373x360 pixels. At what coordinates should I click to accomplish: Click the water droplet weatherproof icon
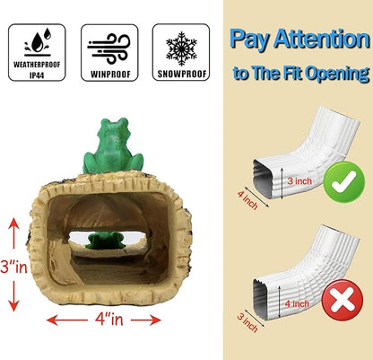38,42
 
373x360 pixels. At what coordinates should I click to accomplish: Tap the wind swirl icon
108,48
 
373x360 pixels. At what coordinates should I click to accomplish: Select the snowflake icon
181,48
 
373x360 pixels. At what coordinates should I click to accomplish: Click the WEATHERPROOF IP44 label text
37,70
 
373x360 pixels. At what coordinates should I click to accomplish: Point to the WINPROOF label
110,75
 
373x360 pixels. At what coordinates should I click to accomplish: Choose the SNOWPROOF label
182,74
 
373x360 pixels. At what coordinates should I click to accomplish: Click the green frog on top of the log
113,145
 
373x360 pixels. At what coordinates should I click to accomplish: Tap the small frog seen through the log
105,241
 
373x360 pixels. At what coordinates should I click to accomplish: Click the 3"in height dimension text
13,267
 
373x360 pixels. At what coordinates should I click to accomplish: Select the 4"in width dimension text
109,320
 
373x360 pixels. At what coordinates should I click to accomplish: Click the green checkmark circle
344,182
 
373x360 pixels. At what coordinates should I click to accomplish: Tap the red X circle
343,300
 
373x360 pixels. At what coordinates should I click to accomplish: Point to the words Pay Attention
299,40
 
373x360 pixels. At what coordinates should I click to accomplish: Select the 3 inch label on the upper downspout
299,180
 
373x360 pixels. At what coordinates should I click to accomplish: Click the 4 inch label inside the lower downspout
297,303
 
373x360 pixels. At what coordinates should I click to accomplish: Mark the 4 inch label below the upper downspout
247,200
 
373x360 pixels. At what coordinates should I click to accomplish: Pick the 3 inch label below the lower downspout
247,323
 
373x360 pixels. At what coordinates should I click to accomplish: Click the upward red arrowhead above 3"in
13,224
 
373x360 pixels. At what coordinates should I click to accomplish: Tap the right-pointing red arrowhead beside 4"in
155,320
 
